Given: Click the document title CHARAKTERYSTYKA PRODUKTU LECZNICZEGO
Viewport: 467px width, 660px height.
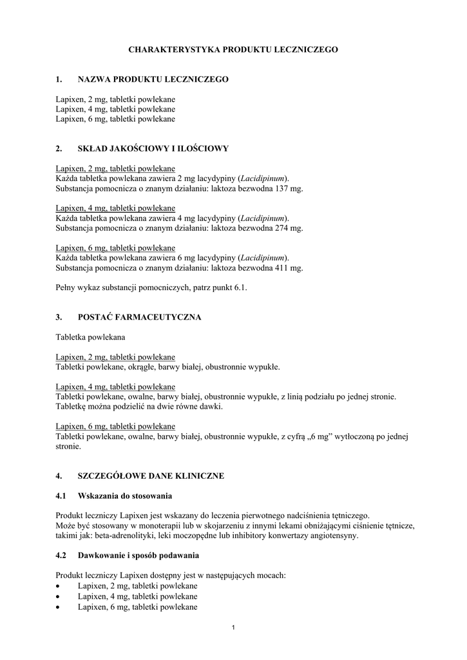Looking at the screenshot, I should point(233,49).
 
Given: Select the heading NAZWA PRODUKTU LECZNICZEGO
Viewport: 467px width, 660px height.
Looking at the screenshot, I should point(153,79).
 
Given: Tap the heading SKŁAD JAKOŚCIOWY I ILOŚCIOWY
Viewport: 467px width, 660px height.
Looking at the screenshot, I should point(153,148).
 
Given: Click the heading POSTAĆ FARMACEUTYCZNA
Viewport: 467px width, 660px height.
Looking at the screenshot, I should point(139,317).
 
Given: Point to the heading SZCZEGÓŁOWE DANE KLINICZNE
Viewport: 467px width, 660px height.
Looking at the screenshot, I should point(151,476).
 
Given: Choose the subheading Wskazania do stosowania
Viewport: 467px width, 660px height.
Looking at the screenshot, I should point(125,496).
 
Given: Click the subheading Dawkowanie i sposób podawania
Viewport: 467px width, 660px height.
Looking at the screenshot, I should point(138,555).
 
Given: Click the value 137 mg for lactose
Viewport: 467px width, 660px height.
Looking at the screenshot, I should point(288,189).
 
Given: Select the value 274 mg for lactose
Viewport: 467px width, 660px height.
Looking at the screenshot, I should point(288,228).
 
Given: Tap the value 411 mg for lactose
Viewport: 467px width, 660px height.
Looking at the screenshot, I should point(288,267).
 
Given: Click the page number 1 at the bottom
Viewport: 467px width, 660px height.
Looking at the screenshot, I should point(234,628).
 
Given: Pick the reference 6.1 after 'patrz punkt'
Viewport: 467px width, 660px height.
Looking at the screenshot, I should point(239,288).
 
